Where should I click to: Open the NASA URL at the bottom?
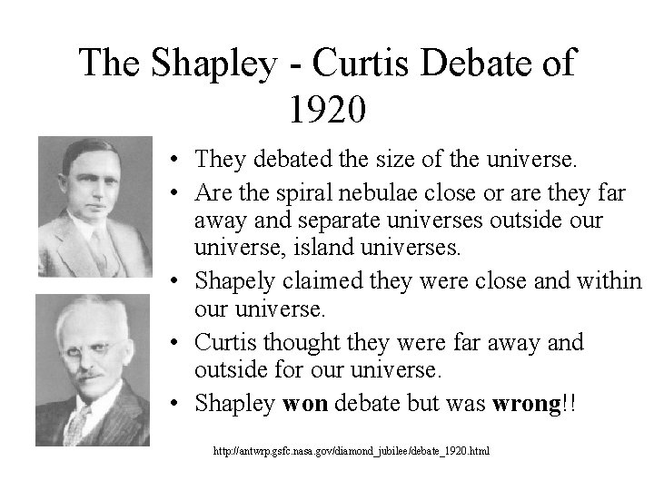pos(351,451)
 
